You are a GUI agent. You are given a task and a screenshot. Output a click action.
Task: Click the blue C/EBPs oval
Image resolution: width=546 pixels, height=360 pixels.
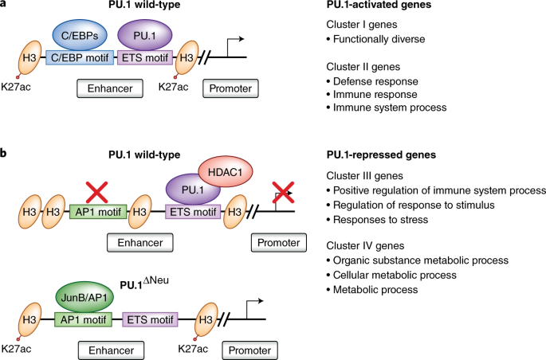81,36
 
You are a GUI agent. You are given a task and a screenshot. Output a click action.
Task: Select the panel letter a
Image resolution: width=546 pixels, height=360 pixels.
6,6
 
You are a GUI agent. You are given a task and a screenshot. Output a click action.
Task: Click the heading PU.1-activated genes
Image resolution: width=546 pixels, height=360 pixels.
378,6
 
